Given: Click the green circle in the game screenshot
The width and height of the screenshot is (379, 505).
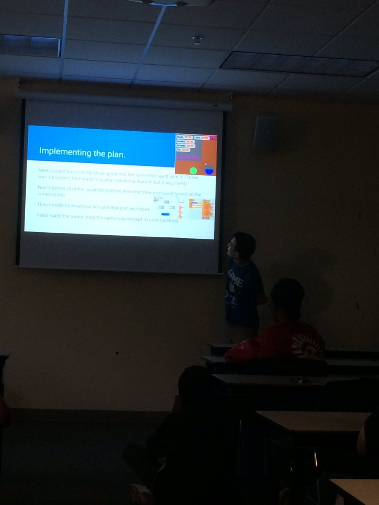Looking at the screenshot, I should pyautogui.click(x=193, y=170).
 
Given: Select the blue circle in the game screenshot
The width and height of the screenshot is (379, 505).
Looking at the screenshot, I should pyautogui.click(x=209, y=170).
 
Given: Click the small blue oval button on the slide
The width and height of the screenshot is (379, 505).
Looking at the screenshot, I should pyautogui.click(x=165, y=214).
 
